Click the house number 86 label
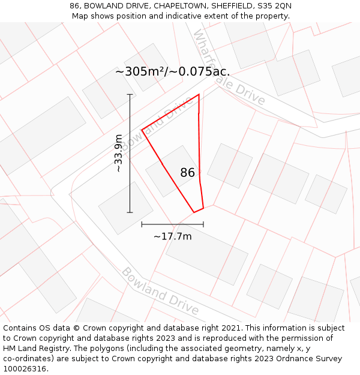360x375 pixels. [x=187, y=173]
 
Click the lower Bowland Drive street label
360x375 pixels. [x=160, y=292]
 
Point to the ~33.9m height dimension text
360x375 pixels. [x=119, y=153]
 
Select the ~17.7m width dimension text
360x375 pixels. [x=173, y=236]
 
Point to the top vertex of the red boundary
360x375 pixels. [x=199, y=94]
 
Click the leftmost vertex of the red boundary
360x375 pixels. [x=142, y=130]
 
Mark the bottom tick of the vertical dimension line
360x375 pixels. [x=130, y=212]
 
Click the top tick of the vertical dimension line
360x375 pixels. [x=130, y=94]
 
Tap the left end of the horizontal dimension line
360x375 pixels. [x=142, y=224]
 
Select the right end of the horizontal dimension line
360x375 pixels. [x=203, y=224]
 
